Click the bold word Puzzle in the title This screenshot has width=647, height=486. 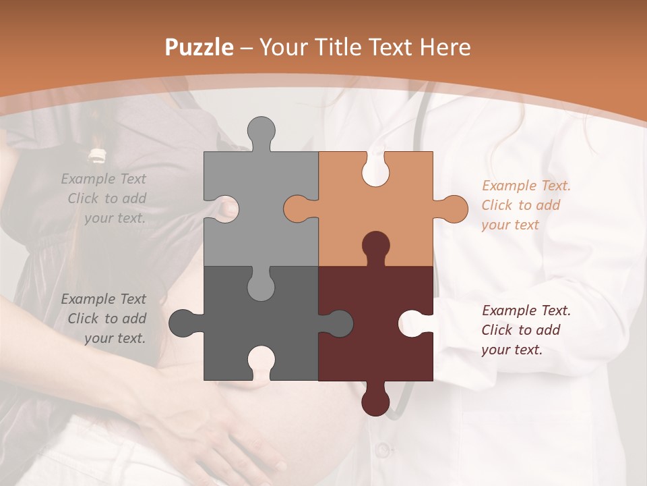pos(199,47)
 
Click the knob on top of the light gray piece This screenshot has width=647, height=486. pos(261,132)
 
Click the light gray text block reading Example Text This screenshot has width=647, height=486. pos(104,198)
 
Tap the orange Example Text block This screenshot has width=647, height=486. pos(526,205)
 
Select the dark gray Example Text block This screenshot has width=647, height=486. pos(104,319)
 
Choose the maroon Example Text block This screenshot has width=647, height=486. pos(526,330)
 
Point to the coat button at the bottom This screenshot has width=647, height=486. pos(382,449)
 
